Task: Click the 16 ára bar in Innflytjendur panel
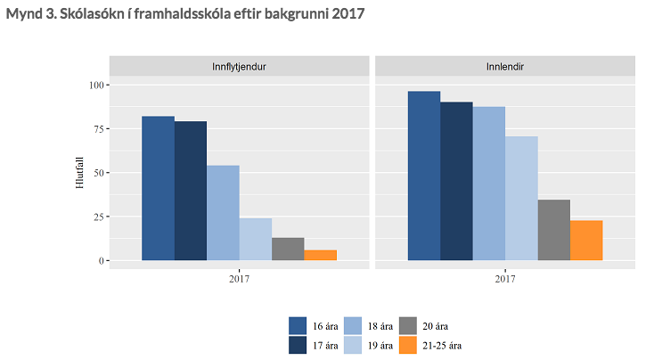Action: [159, 189]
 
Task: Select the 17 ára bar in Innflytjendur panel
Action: [191, 191]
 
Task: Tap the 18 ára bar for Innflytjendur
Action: [223, 213]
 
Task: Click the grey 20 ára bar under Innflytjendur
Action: [288, 250]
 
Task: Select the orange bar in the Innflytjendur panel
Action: [320, 255]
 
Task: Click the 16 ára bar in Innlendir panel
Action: [424, 176]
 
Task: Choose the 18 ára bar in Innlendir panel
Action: [488, 184]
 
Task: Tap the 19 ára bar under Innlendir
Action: [521, 199]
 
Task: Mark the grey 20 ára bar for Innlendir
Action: [553, 230]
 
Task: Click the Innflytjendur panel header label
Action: [240, 67]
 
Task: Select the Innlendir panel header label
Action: [504, 67]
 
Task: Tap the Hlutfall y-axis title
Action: [79, 172]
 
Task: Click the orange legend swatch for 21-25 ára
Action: [408, 345]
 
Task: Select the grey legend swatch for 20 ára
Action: [408, 325]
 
